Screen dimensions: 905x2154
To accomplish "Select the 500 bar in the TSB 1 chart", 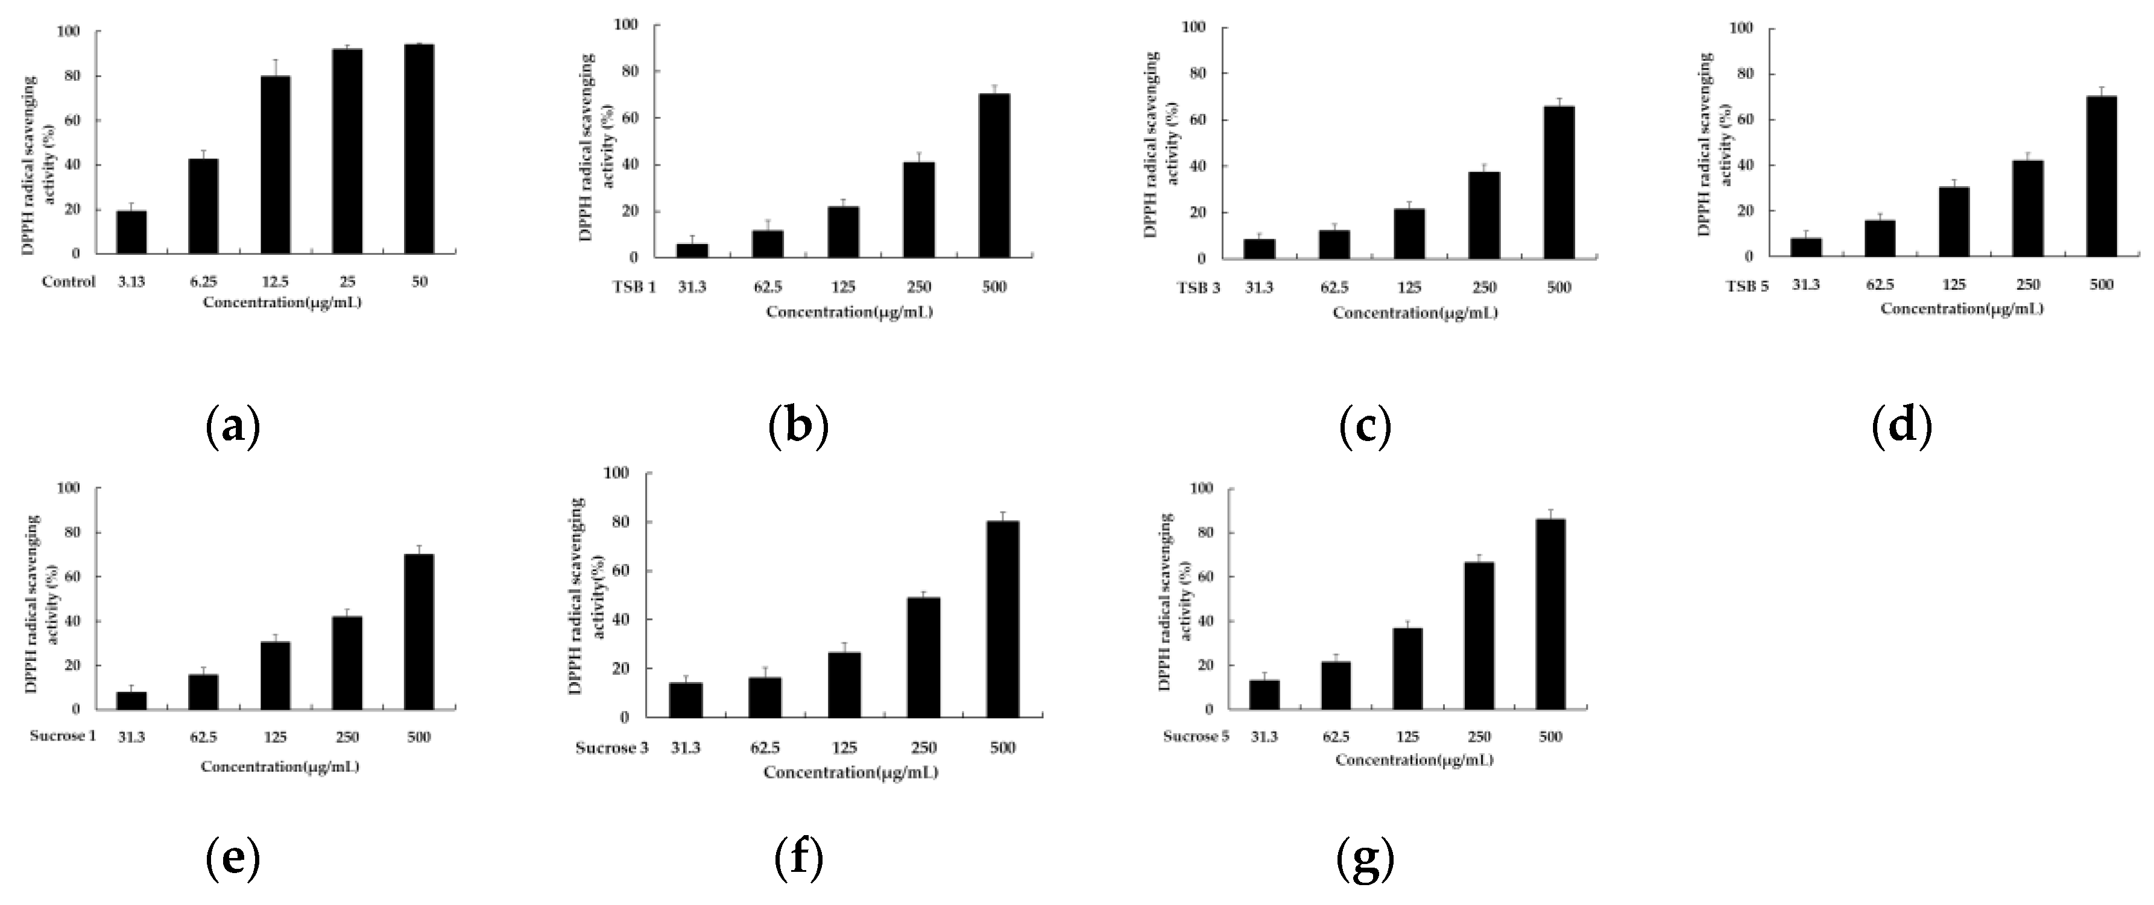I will tap(994, 175).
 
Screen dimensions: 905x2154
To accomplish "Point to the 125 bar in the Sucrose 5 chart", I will tap(1408, 669).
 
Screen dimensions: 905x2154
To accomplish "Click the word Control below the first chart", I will tap(69, 281).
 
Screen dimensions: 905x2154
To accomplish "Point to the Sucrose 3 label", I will tap(611, 748).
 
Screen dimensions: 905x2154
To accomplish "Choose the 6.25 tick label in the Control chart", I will tap(203, 281).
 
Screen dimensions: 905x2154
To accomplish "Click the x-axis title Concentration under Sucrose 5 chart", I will tap(1413, 760).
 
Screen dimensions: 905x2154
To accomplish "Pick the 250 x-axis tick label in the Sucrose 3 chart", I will tap(923, 748).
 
